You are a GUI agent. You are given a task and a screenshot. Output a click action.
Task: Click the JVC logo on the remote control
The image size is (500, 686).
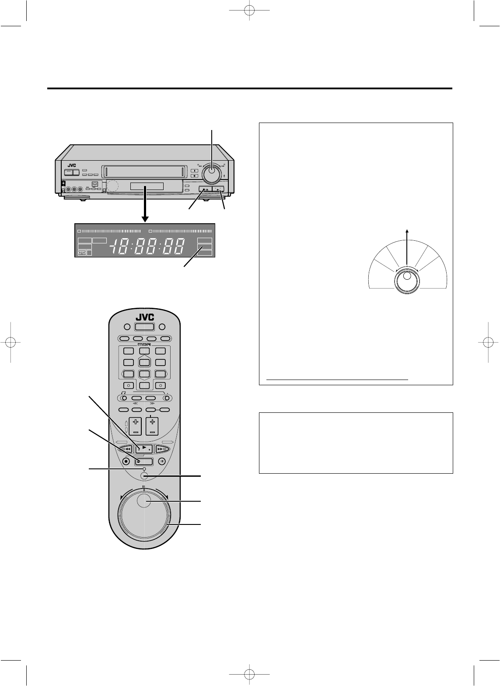[145, 317]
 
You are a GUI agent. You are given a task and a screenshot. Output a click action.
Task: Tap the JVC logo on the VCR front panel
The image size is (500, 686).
[72, 165]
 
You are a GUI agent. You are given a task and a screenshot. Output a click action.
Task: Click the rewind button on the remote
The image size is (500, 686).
[126, 449]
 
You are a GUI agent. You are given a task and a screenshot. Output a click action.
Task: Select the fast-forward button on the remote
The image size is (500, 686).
[161, 449]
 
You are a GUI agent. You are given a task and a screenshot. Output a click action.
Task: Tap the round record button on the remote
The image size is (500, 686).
[126, 461]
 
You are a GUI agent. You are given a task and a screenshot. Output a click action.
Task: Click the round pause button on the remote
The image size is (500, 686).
[162, 461]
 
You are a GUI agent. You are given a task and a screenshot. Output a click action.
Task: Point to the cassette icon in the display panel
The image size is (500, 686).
[81, 253]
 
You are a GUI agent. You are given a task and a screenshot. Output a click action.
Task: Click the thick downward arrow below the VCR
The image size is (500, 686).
[146, 204]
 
